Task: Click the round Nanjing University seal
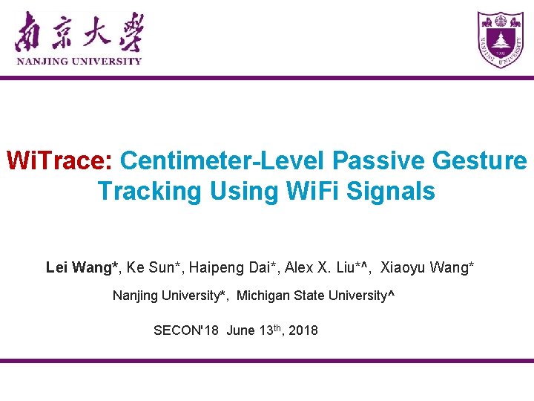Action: [500, 40]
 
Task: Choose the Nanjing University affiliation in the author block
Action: [167, 296]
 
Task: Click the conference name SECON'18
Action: [185, 330]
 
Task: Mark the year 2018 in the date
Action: [303, 330]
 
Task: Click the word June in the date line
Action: [240, 330]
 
